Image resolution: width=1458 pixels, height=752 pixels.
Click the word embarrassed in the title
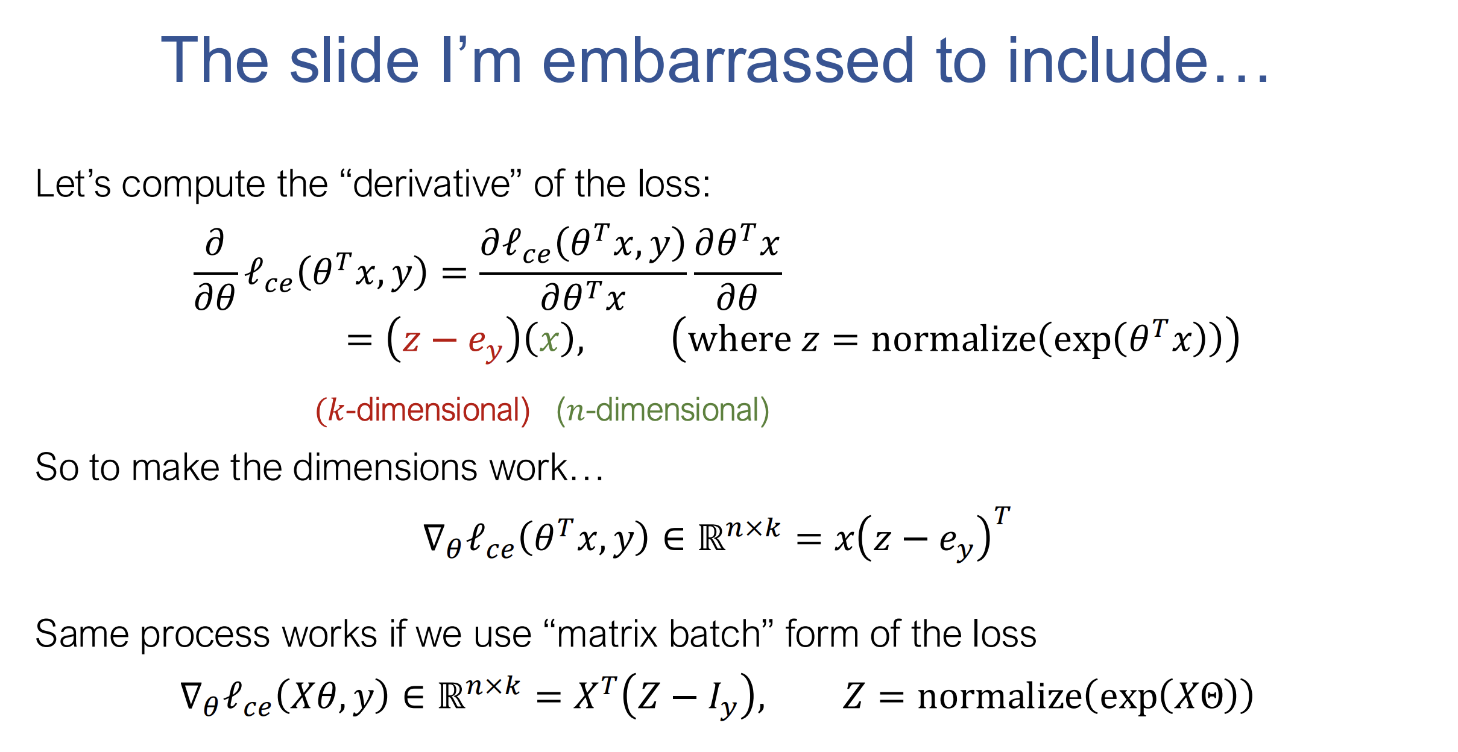[x=728, y=60]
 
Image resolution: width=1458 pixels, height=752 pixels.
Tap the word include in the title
[x=1107, y=60]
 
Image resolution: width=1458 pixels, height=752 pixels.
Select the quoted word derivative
[x=432, y=183]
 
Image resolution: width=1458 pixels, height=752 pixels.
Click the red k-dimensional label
[x=423, y=410]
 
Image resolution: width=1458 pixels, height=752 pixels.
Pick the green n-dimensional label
[x=663, y=410]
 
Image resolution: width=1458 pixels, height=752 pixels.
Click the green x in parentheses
[x=549, y=341]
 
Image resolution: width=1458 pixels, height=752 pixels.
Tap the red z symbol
[x=411, y=341]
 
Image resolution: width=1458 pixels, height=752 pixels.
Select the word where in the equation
[x=740, y=339]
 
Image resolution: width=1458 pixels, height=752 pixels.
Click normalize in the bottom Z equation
[x=1001, y=697]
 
